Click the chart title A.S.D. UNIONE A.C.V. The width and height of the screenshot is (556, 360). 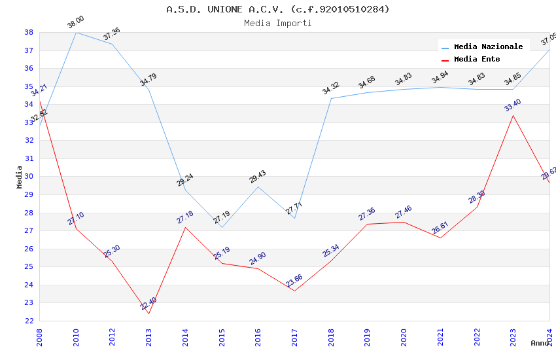277,9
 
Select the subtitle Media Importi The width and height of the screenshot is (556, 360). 277,24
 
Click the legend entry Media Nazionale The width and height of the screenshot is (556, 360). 488,46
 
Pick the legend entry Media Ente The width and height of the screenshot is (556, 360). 477,59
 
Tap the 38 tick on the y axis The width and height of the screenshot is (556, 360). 29,32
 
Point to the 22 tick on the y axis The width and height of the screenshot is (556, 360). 29,321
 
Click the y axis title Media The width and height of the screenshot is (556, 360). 20,177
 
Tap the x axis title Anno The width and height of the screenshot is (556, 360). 540,343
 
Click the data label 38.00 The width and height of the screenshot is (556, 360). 76,23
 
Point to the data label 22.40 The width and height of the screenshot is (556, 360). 148,304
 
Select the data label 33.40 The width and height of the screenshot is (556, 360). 512,105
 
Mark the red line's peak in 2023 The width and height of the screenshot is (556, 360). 513,116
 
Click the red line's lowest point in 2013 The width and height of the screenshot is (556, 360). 149,314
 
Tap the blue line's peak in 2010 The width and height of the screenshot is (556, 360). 76,32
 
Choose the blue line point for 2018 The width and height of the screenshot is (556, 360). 331,99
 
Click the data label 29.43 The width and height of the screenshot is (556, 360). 258,177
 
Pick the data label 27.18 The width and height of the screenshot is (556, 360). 185,217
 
